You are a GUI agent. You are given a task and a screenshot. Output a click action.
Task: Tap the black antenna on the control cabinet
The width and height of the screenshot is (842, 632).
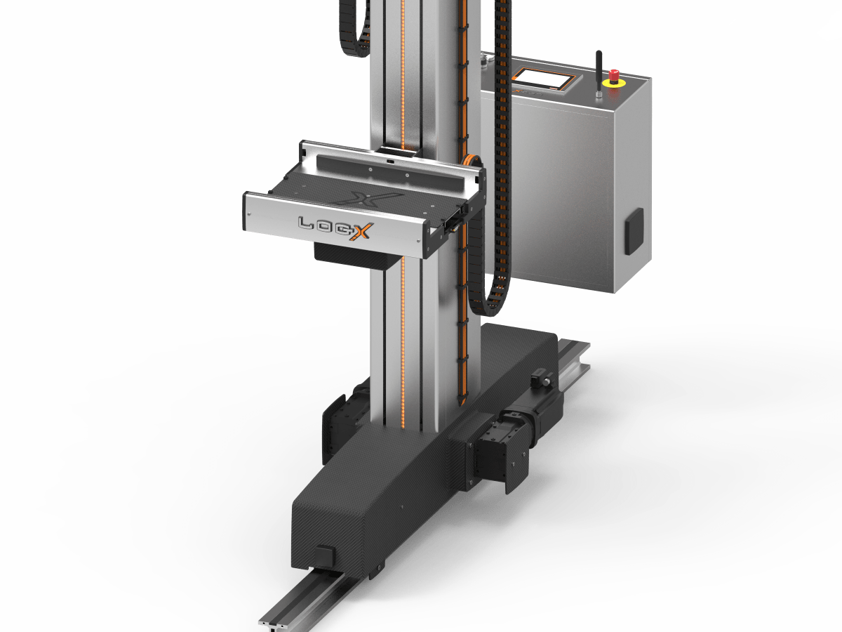[x=599, y=73]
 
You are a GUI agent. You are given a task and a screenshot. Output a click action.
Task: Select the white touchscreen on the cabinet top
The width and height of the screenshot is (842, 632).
[x=544, y=79]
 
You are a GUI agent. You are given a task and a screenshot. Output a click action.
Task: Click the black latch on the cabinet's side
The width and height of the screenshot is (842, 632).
[x=634, y=232]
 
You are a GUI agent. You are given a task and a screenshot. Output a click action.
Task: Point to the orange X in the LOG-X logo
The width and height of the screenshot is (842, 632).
[x=361, y=232]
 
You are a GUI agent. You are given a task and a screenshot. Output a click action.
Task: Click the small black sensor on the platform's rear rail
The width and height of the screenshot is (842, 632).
[x=390, y=162]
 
